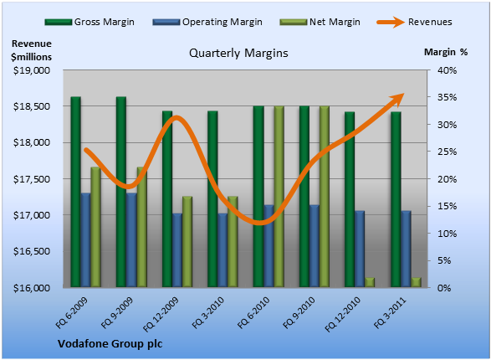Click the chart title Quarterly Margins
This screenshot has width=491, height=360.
point(238,53)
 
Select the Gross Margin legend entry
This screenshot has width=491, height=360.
point(90,22)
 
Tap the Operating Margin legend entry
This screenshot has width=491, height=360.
point(207,22)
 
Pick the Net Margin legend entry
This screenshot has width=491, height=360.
point(320,22)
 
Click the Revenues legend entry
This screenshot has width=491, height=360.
point(414,22)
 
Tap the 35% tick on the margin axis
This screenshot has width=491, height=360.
point(448,97)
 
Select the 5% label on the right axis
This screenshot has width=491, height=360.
point(444,260)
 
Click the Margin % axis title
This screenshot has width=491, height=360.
point(446,52)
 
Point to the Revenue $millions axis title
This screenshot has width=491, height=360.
point(31,50)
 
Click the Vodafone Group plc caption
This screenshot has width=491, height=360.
point(110,344)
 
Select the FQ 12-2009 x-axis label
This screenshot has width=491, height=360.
point(161,314)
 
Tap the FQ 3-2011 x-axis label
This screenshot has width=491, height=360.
point(390,312)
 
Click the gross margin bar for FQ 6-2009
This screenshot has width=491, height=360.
point(76,192)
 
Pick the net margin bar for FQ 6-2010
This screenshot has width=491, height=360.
point(279,197)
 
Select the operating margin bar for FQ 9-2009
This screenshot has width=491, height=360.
point(131,240)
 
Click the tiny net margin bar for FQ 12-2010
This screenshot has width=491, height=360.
point(370,282)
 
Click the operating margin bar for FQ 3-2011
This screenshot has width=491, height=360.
point(407,249)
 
